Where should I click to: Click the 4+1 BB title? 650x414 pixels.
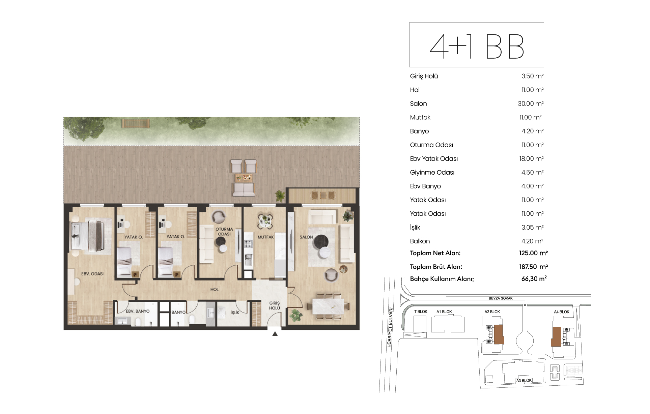477,46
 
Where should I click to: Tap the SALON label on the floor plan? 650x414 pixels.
306,237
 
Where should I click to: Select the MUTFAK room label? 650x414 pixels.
266,237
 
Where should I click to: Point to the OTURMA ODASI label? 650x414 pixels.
224,232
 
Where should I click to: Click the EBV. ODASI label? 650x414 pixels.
92,274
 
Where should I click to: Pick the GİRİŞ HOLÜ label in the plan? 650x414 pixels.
275,305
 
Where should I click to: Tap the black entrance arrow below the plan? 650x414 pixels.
275,334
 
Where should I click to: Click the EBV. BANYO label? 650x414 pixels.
138,311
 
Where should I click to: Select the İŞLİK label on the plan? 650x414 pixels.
235,313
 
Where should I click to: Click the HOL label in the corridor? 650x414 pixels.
215,289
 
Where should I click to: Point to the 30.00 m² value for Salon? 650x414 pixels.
531,103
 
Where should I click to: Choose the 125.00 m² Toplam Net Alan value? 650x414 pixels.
533,253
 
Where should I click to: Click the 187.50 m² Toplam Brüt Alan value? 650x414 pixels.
533,267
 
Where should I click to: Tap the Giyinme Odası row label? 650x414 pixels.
432,173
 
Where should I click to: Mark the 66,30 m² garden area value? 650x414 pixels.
534,279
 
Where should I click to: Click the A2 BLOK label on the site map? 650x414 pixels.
492,312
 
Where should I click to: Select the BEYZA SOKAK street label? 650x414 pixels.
501,298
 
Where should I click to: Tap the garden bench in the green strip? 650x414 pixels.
136,123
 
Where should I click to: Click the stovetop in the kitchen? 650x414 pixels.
248,243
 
